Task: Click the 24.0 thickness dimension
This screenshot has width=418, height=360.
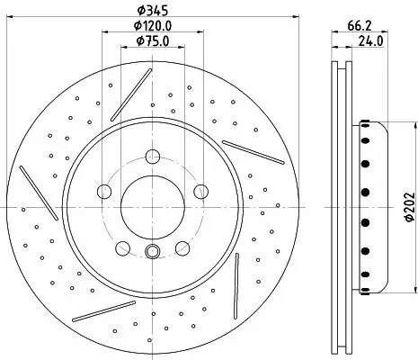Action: coord(369,41)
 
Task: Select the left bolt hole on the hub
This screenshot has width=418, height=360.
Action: coord(103,191)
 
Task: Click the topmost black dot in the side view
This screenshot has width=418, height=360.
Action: coord(365,128)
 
